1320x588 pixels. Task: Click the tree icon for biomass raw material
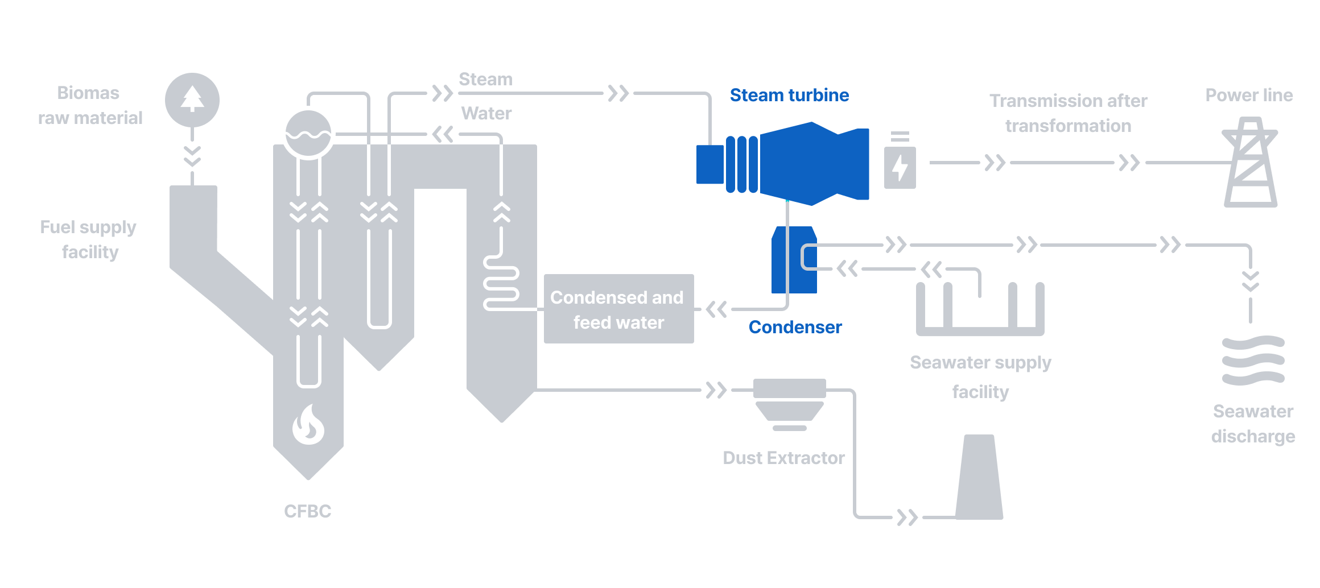tap(192, 100)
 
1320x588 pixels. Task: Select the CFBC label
tap(307, 511)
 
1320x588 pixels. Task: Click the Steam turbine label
tap(789, 95)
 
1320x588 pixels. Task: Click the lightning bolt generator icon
tap(900, 167)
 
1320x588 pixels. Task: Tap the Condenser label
tap(795, 327)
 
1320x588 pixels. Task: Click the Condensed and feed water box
tap(618, 309)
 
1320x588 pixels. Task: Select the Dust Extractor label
tap(783, 458)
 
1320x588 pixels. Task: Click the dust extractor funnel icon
tap(789, 404)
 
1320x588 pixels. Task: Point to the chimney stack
tap(979, 478)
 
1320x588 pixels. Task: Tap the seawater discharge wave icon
tap(1253, 361)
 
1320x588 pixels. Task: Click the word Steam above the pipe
tap(485, 79)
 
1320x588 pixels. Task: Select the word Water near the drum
tap(486, 113)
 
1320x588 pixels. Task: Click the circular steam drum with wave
tap(308, 133)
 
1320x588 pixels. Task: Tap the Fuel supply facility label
tap(89, 239)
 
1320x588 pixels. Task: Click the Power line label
tap(1249, 95)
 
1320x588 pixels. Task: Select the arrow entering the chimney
tap(907, 517)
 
